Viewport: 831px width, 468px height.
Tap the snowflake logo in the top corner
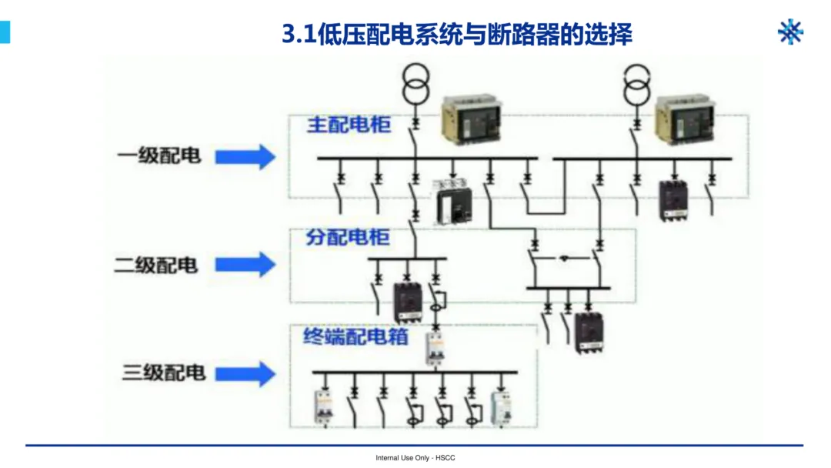click(x=790, y=32)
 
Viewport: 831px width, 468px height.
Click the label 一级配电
click(x=159, y=155)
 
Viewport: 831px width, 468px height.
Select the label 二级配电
click(x=156, y=265)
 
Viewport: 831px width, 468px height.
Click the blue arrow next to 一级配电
click(x=245, y=156)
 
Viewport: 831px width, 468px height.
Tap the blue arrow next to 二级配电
click(x=245, y=265)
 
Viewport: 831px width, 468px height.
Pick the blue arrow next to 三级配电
click(x=245, y=374)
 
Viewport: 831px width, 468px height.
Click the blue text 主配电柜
click(x=349, y=125)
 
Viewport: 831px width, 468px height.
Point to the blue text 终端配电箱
click(x=355, y=336)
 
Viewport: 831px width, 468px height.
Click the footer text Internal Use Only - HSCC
click(x=415, y=458)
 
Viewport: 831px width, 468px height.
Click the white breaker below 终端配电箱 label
click(x=436, y=348)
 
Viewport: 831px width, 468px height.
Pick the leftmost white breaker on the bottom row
click(x=322, y=407)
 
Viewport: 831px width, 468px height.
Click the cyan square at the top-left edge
click(x=5, y=32)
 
